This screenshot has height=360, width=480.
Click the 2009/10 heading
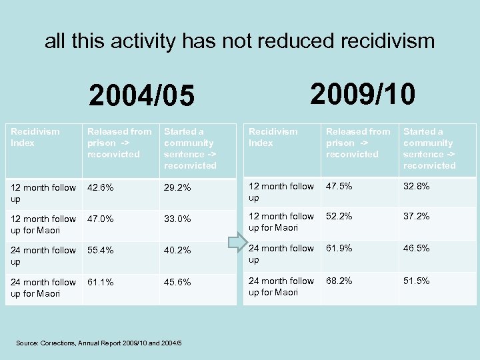pos(363,94)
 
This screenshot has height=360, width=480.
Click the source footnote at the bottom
pos(99,343)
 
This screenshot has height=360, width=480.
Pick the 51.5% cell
pos(416,281)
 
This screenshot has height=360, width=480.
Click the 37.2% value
pos(416,217)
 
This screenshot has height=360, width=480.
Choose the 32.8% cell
pos(416,187)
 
